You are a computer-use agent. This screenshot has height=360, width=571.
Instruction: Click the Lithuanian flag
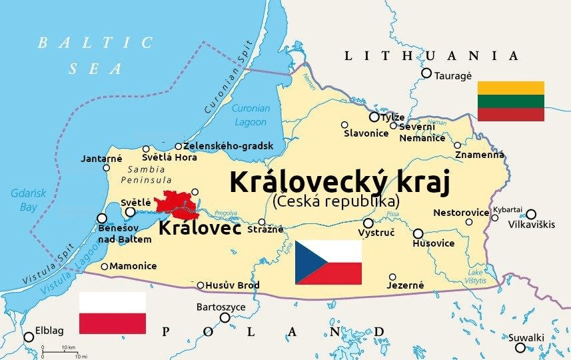coord(510,101)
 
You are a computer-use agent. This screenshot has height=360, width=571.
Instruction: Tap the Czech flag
coord(328,262)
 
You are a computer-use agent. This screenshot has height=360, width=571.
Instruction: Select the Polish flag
coord(112,313)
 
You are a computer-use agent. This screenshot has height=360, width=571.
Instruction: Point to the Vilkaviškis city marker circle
coord(530,214)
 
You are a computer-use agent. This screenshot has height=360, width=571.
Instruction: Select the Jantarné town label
coord(101,158)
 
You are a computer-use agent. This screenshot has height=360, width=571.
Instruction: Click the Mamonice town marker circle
coord(105,267)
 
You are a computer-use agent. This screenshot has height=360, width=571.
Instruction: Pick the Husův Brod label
coord(233,285)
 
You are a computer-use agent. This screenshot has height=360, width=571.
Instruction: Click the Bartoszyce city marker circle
coord(225,317)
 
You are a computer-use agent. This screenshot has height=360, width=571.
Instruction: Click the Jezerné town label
coord(405,285)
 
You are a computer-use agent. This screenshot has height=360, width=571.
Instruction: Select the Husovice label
coord(434,243)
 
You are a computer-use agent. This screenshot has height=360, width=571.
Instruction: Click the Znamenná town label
coord(479,155)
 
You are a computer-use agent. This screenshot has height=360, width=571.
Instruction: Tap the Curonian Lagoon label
coord(250,115)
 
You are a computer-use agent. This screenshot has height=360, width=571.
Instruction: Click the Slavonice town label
coord(366,133)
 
